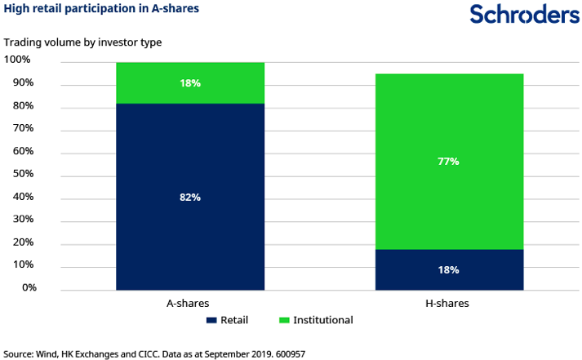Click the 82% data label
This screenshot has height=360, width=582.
click(x=190, y=197)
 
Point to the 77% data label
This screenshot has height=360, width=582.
click(x=449, y=162)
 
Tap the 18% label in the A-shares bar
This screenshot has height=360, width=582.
click(x=190, y=83)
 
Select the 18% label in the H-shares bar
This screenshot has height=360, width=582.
click(x=449, y=270)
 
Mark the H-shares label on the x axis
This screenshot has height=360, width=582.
click(x=449, y=303)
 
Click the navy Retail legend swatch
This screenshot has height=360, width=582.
click(x=211, y=320)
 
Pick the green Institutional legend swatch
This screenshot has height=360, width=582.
click(x=283, y=320)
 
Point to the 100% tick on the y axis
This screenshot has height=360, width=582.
click(x=17, y=60)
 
